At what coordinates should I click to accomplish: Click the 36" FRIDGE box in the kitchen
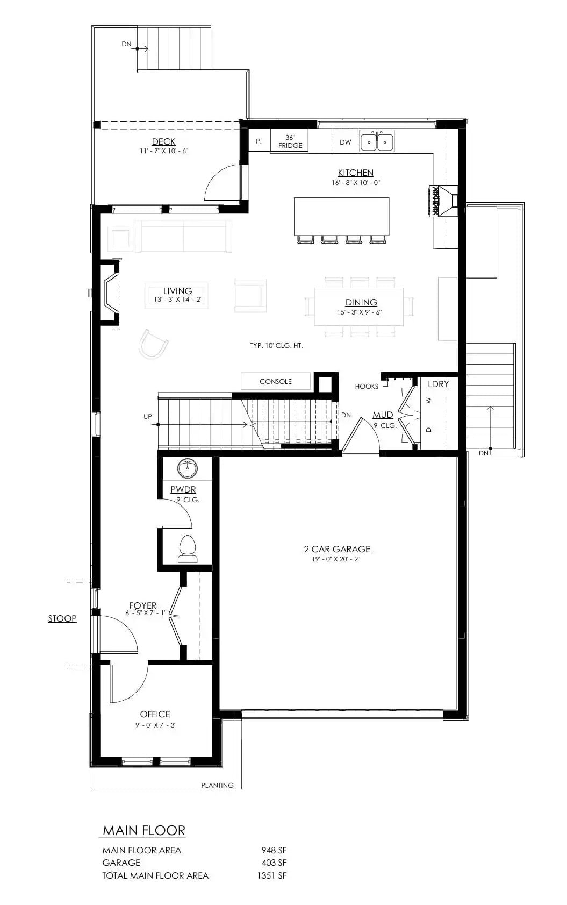290,141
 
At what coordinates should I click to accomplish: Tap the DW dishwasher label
345,142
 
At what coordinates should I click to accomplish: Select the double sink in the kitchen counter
376,142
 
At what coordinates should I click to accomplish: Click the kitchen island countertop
341,216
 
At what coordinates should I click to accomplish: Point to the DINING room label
361,302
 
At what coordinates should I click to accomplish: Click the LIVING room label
177,291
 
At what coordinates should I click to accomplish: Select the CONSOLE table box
275,381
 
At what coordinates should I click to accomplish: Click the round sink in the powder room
188,468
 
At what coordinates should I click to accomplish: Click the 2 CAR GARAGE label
337,549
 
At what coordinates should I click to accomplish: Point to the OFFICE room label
155,714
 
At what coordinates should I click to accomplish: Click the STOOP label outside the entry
62,618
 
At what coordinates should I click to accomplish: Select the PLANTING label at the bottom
217,785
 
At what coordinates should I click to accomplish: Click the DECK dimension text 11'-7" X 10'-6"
164,151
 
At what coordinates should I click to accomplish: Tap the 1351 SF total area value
272,875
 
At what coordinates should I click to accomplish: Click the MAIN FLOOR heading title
144,830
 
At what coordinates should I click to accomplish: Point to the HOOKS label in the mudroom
367,386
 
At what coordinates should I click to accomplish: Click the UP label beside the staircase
147,417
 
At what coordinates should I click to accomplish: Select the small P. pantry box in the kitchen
259,141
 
